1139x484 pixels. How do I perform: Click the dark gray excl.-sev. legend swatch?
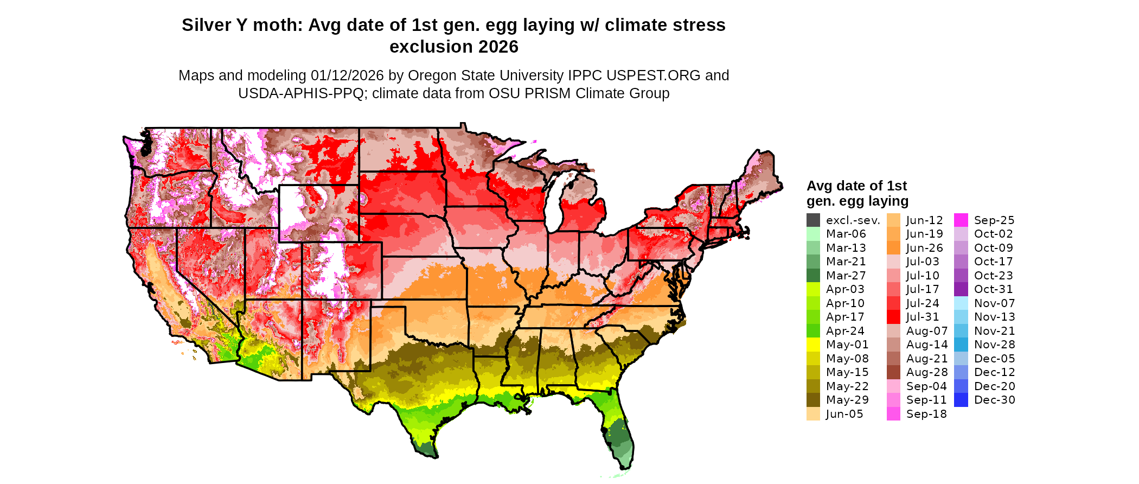(813, 220)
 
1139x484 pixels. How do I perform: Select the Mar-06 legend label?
(846, 234)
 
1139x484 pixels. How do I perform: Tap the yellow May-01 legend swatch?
(813, 345)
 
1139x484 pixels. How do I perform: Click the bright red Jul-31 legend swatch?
(893, 317)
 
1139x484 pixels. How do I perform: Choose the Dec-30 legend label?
(994, 400)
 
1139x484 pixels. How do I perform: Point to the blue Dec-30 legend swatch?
(961, 400)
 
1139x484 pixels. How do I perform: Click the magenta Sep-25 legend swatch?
(961, 220)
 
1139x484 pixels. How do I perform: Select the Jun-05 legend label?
(844, 414)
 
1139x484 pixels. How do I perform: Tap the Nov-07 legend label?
(994, 303)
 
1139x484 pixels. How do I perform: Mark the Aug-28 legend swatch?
(893, 372)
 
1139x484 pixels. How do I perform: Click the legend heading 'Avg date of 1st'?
(856, 186)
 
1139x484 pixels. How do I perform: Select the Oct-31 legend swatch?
(961, 289)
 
